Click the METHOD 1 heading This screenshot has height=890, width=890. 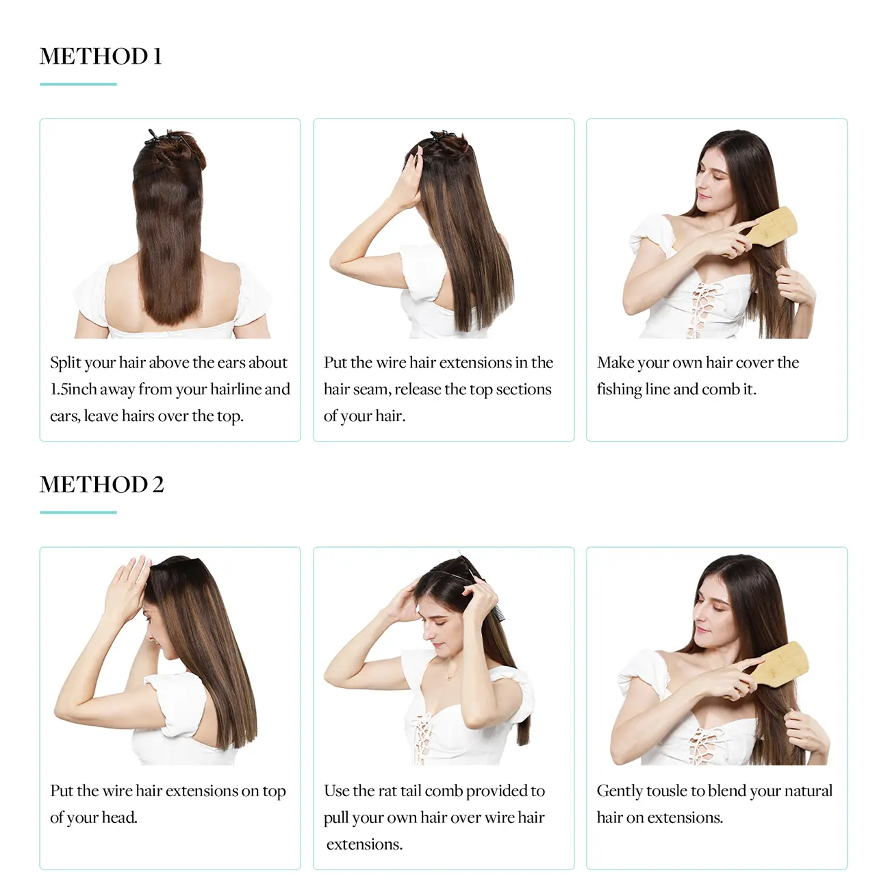tap(101, 56)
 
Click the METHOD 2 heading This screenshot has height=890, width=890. tap(101, 485)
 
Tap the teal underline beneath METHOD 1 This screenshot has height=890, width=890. tap(78, 84)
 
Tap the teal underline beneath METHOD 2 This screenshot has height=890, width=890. tap(78, 512)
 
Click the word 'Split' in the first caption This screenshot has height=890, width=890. tap(65, 363)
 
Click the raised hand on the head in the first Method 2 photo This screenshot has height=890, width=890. tap(128, 584)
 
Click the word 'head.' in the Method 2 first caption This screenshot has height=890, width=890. tap(119, 818)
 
